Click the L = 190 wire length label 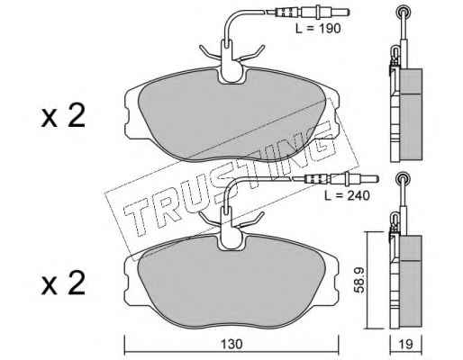click(x=318, y=29)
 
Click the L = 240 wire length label click(x=347, y=195)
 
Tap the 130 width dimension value click(x=231, y=344)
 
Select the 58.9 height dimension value click(x=359, y=280)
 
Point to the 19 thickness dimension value click(x=406, y=344)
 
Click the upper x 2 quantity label click(x=63, y=116)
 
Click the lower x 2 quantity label click(x=63, y=283)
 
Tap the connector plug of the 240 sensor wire click(x=341, y=179)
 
